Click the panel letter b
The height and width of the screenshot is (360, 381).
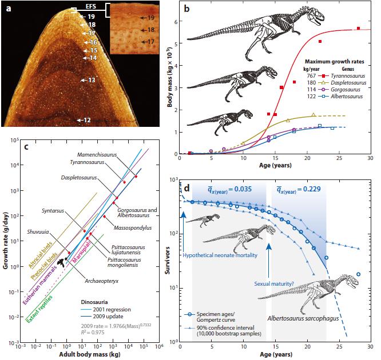(185, 10)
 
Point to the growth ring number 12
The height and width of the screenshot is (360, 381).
(86, 120)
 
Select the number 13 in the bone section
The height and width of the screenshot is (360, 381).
(91, 81)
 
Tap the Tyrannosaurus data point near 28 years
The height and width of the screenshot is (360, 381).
(358, 28)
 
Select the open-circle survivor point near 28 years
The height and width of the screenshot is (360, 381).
(359, 274)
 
